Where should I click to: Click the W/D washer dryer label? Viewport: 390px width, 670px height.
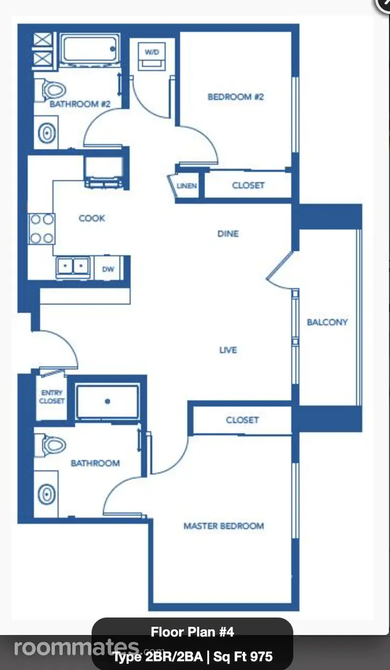(152, 52)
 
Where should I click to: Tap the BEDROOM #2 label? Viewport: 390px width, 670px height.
(236, 97)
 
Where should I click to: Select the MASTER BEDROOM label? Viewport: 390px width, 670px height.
(224, 526)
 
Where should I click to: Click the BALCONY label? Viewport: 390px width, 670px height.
(327, 322)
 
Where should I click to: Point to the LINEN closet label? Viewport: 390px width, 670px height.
(187, 186)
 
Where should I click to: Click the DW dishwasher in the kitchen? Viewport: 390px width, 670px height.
(108, 269)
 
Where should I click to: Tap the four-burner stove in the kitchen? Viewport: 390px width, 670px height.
(41, 229)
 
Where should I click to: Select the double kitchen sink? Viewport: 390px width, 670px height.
(73, 265)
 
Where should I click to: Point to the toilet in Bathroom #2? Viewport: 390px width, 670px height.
(50, 90)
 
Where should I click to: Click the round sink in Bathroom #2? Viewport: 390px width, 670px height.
(47, 132)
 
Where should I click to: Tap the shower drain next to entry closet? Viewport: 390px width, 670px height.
(108, 401)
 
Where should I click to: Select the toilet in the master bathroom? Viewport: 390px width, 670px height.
(50, 445)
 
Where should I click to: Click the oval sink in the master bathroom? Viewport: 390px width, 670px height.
(47, 494)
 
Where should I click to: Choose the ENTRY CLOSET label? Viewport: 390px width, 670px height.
(52, 397)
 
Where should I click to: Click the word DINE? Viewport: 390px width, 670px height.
(228, 233)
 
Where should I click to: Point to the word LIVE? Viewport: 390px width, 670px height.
(228, 350)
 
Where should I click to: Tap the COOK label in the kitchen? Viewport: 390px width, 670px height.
(92, 218)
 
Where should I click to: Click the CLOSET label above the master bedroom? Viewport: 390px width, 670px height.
(242, 420)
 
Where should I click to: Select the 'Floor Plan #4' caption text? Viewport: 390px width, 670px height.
(192, 632)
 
